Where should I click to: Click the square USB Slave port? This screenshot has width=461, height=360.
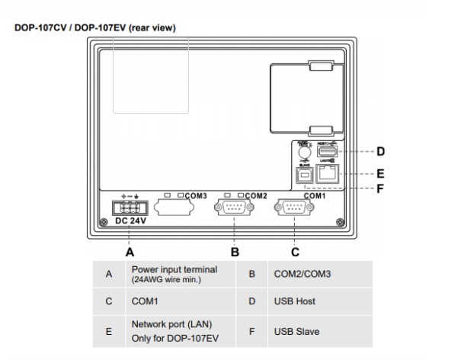pyautogui.click(x=305, y=175)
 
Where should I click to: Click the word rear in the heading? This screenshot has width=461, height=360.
pyautogui.click(x=142, y=28)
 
